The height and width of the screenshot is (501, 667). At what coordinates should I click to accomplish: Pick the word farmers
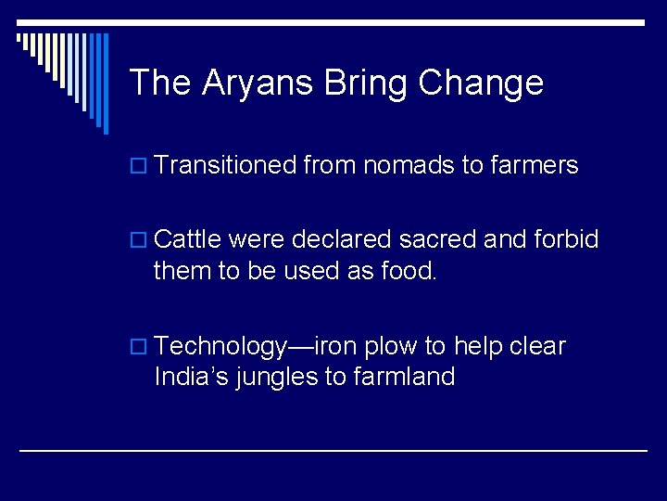535,166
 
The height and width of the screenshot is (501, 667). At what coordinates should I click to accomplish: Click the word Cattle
187,240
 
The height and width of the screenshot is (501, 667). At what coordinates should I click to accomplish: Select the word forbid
566,240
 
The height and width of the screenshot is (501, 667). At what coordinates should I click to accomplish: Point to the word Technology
221,347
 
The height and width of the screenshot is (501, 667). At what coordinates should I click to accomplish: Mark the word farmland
404,377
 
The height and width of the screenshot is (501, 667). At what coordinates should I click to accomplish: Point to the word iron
337,347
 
